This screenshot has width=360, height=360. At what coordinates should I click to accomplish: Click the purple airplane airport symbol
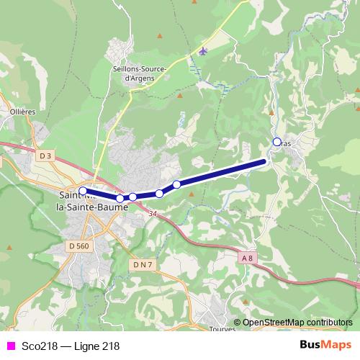(x=203, y=51)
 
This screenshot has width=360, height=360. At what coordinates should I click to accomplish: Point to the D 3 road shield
(x=46, y=156)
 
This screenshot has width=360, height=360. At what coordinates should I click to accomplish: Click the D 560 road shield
(x=79, y=246)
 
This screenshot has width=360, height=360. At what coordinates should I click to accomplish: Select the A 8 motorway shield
(x=248, y=257)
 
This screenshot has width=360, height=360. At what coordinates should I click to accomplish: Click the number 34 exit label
(x=153, y=214)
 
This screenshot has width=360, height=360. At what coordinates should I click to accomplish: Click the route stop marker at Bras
(x=277, y=142)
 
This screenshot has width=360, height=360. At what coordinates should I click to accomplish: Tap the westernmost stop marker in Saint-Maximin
(x=83, y=191)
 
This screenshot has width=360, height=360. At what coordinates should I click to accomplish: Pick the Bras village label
(x=287, y=143)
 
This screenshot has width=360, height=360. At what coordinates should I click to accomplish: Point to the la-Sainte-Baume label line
(x=92, y=207)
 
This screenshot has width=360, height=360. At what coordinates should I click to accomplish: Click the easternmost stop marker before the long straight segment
(x=176, y=184)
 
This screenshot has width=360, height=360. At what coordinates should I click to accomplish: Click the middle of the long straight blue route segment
(x=222, y=173)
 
